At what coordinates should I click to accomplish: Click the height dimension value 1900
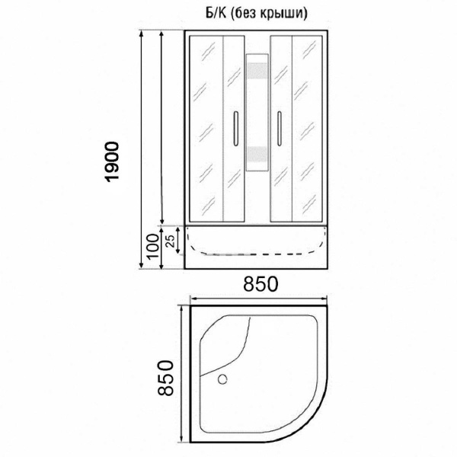[112, 162]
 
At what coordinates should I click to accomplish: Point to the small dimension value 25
[171, 239]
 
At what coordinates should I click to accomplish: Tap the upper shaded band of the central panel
[258, 75]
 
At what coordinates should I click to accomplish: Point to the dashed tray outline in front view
[258, 250]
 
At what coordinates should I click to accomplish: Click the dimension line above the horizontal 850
[259, 299]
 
